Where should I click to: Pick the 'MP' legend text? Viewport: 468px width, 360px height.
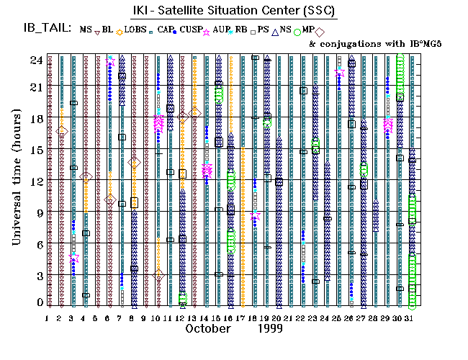[308, 30]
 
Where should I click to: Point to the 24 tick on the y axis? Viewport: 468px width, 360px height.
[35, 60]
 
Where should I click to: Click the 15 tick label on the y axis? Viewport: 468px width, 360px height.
[35, 150]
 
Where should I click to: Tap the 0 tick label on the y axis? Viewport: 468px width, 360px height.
[37, 303]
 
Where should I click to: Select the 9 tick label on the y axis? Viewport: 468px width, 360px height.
[37, 212]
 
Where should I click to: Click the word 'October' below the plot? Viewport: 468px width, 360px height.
[208, 328]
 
